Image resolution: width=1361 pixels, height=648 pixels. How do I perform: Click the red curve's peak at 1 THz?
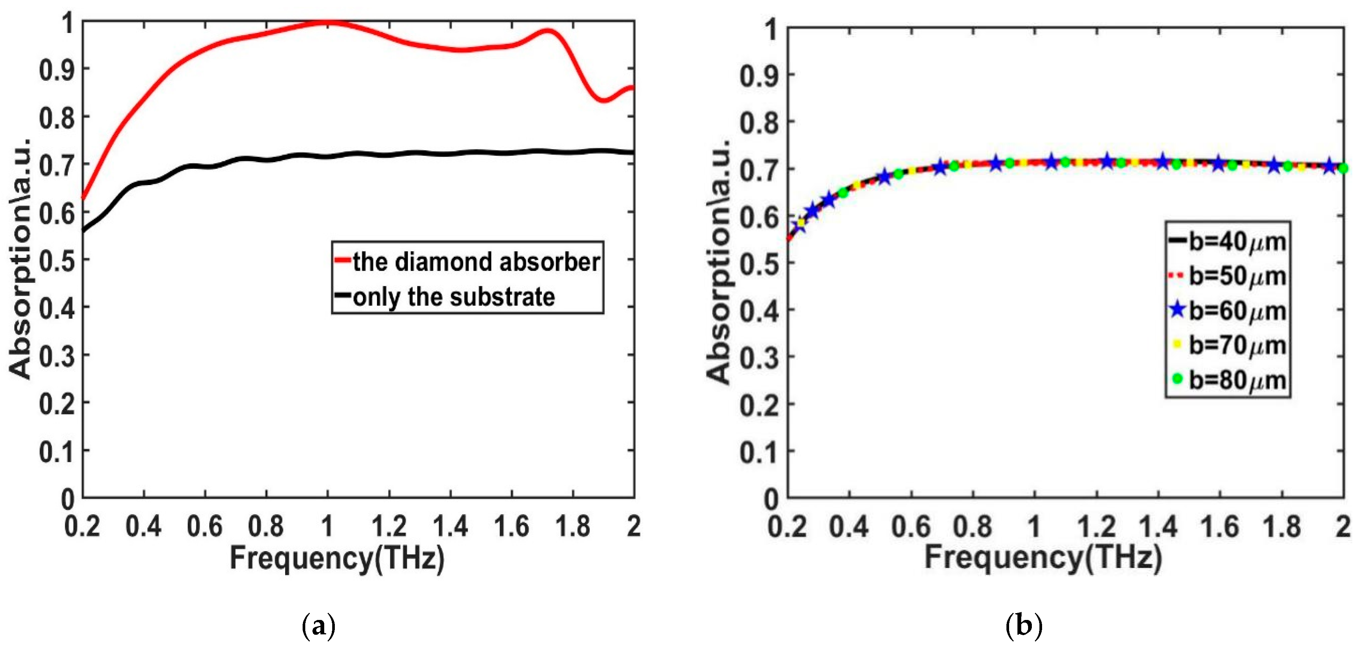click(x=328, y=22)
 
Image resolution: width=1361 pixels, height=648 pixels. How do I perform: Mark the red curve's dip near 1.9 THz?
click(x=604, y=99)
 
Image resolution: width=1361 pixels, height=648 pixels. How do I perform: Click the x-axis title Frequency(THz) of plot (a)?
click(x=337, y=558)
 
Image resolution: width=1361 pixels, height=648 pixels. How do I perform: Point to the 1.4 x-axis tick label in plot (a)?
click(x=450, y=526)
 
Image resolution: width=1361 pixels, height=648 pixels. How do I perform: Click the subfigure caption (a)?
click(x=318, y=626)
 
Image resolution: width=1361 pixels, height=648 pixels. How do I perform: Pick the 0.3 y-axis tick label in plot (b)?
click(x=759, y=358)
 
